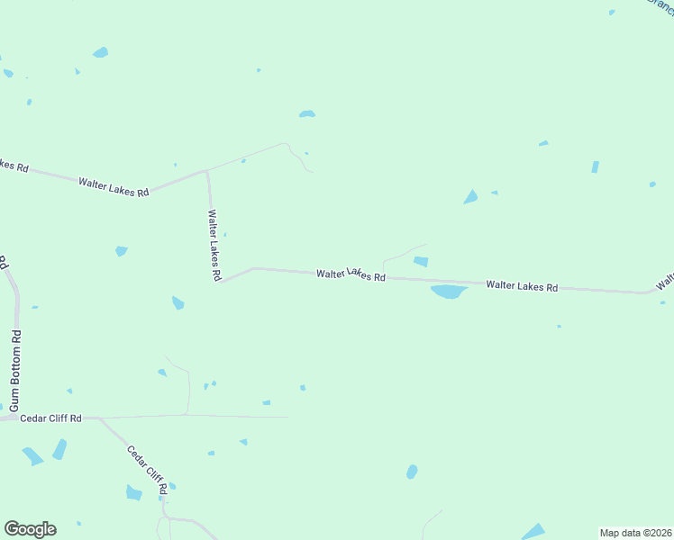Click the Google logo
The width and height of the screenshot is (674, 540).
pyautogui.click(x=31, y=529)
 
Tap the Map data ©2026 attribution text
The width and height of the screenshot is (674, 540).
pyautogui.click(x=635, y=532)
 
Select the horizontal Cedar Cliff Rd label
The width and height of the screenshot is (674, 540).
pyautogui.click(x=50, y=418)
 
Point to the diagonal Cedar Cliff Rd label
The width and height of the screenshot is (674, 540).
pyautogui.click(x=147, y=471)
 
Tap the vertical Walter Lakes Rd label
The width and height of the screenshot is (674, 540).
pyautogui.click(x=214, y=246)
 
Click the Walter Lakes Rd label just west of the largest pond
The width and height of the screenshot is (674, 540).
pyautogui.click(x=351, y=274)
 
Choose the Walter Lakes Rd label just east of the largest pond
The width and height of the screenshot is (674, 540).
pyautogui.click(x=522, y=286)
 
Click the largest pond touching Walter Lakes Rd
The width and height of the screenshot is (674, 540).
pyautogui.click(x=449, y=292)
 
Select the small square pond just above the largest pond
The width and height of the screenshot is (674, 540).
pyautogui.click(x=420, y=262)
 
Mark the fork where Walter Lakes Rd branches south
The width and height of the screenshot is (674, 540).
pyautogui.click(x=207, y=170)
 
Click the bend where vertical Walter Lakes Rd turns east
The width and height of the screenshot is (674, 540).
pyautogui.click(x=222, y=280)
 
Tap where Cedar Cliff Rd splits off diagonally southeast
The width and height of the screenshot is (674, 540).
pyautogui.click(x=99, y=418)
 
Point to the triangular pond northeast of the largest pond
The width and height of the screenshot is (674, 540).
pyautogui.click(x=470, y=197)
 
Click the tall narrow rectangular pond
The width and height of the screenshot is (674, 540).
pyautogui.click(x=595, y=166)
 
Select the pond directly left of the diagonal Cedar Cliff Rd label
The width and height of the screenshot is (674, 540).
pyautogui.click(x=134, y=492)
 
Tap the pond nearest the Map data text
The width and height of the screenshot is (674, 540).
pyautogui.click(x=533, y=531)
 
